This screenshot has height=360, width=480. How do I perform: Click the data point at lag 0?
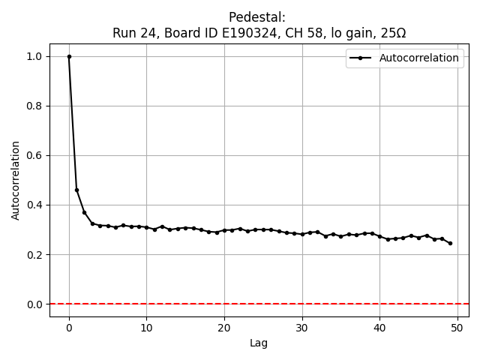[x=69, y=56]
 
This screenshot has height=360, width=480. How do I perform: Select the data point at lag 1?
[x=76, y=190]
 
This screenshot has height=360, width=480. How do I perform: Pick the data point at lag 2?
[x=84, y=212]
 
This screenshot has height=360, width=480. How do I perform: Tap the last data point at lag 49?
[x=450, y=243]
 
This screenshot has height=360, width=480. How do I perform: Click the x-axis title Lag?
[x=259, y=343]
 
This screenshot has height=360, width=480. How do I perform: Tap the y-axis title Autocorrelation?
[x=16, y=180]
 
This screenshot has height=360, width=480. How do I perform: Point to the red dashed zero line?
[x=225, y=304]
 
